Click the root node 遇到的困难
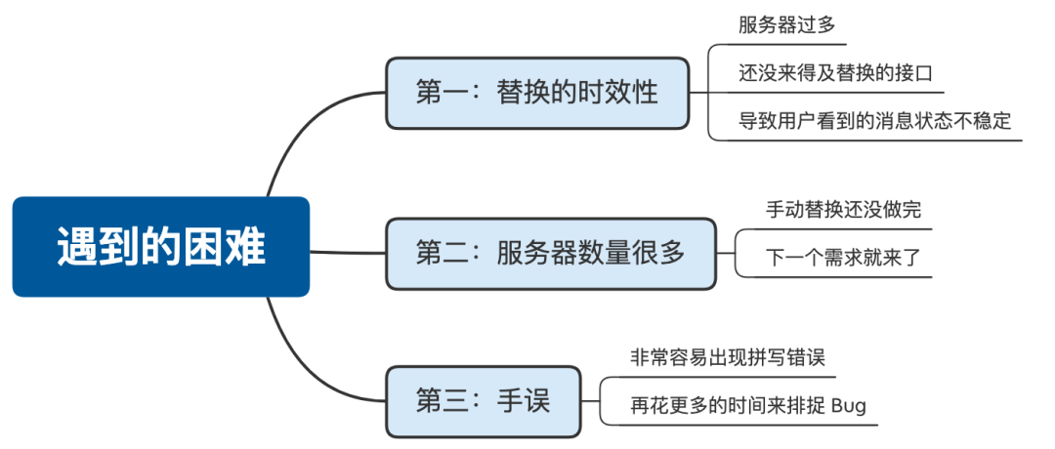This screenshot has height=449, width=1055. coord(160,247)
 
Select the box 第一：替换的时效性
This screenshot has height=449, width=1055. coord(537,94)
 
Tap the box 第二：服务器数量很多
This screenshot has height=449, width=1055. coord(550,254)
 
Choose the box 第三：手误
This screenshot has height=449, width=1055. coord(483,401)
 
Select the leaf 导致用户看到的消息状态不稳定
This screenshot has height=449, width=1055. coord(873,121)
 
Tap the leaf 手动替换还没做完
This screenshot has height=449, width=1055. coord(843,210)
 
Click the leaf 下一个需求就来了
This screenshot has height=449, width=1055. coord(843,258)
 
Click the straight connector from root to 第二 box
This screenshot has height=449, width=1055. coord(347,252)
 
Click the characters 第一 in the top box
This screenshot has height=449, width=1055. coord(436,94)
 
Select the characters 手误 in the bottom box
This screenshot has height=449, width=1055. coord(523,401)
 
